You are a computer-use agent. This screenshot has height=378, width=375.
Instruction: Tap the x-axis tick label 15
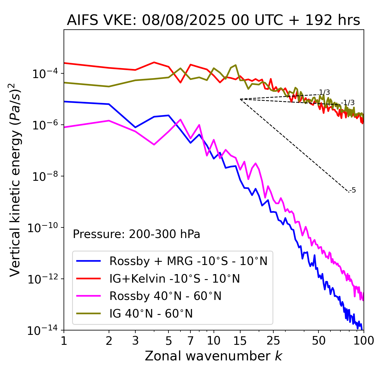(x=240, y=341)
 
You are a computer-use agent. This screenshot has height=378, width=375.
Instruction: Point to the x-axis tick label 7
(x=190, y=341)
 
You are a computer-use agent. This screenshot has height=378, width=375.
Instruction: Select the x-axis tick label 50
(x=318, y=341)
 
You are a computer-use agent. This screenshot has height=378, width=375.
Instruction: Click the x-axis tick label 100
(x=364, y=341)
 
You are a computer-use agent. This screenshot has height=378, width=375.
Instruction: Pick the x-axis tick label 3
(x=135, y=341)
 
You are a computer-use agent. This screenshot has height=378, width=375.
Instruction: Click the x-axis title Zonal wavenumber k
(x=213, y=356)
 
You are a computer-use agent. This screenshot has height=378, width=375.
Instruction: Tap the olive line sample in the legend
(x=88, y=313)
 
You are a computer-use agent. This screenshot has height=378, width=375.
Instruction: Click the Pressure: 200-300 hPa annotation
(x=137, y=234)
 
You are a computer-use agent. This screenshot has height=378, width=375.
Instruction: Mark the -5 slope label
(x=353, y=190)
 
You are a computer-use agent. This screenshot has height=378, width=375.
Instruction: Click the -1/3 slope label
(x=348, y=103)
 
